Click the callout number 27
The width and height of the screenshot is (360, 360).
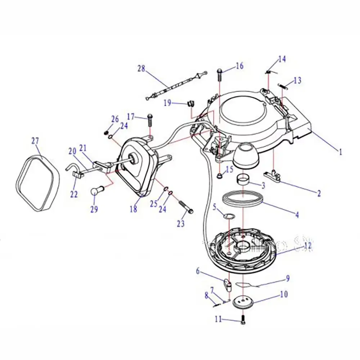(35, 141)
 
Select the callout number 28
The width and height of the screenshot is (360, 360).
(141, 68)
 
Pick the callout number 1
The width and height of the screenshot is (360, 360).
(339, 152)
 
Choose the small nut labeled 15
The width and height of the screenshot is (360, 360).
(219, 176)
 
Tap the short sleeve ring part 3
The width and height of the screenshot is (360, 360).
(244, 178)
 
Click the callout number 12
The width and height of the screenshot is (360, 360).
(307, 246)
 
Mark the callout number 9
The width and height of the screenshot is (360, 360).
(288, 278)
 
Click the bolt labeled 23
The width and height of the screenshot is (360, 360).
(186, 206)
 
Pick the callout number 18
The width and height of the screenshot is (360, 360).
(134, 209)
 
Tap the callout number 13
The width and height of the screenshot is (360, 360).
(297, 80)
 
